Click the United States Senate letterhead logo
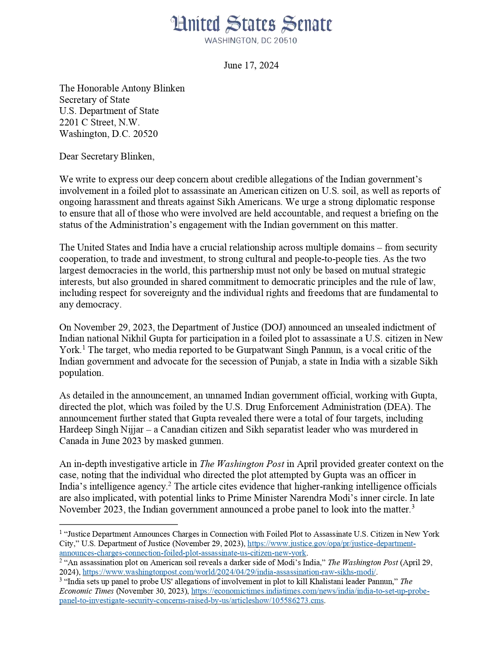coord(251,25)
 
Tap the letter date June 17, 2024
coord(251,65)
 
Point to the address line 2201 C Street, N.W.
coord(99,122)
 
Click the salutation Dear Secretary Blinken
coord(107,156)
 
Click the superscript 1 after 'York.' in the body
coord(84,347)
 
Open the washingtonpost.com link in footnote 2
coord(229,572)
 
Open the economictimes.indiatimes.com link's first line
coord(310,591)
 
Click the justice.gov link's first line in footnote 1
coord(331,544)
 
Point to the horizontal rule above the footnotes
coord(118,524)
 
